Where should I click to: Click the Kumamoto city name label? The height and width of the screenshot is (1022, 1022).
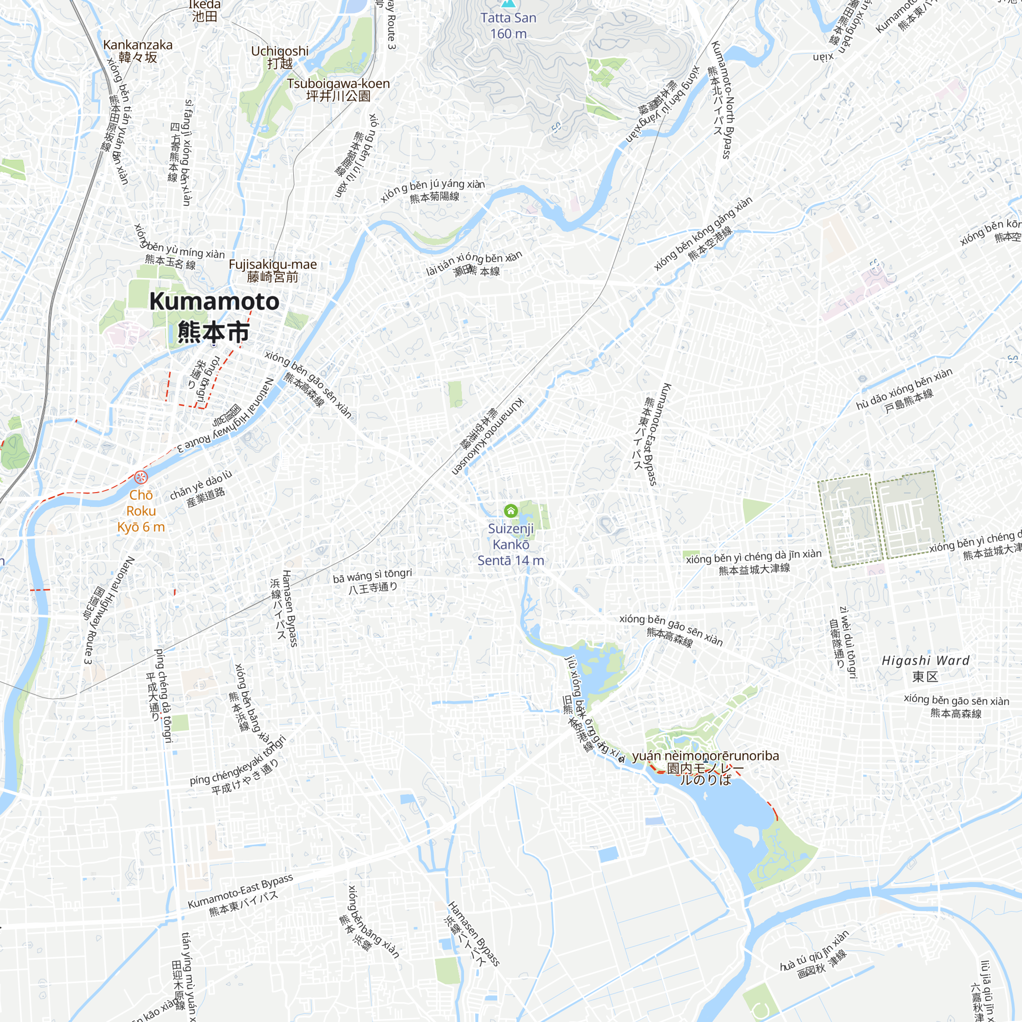[x=214, y=316]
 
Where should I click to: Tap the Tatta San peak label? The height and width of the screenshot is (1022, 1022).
[x=508, y=25]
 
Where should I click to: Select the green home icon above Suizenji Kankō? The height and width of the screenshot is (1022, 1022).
[x=510, y=510]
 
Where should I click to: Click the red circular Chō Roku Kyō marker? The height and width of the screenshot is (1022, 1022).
[x=141, y=478]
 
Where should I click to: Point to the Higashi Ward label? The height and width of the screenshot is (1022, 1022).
[x=925, y=668]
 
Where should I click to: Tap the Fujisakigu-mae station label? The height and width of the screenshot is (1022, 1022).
[x=272, y=270]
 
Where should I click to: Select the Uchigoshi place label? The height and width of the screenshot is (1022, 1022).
[x=280, y=57]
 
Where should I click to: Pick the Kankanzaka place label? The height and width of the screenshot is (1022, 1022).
[x=137, y=51]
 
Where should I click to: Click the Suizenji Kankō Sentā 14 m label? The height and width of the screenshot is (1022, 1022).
[x=510, y=544]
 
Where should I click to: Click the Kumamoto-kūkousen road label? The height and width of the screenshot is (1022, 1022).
[x=487, y=436]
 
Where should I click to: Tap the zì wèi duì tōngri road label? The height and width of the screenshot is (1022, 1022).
[x=843, y=642]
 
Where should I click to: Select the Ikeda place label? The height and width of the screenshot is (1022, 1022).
[x=204, y=11]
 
